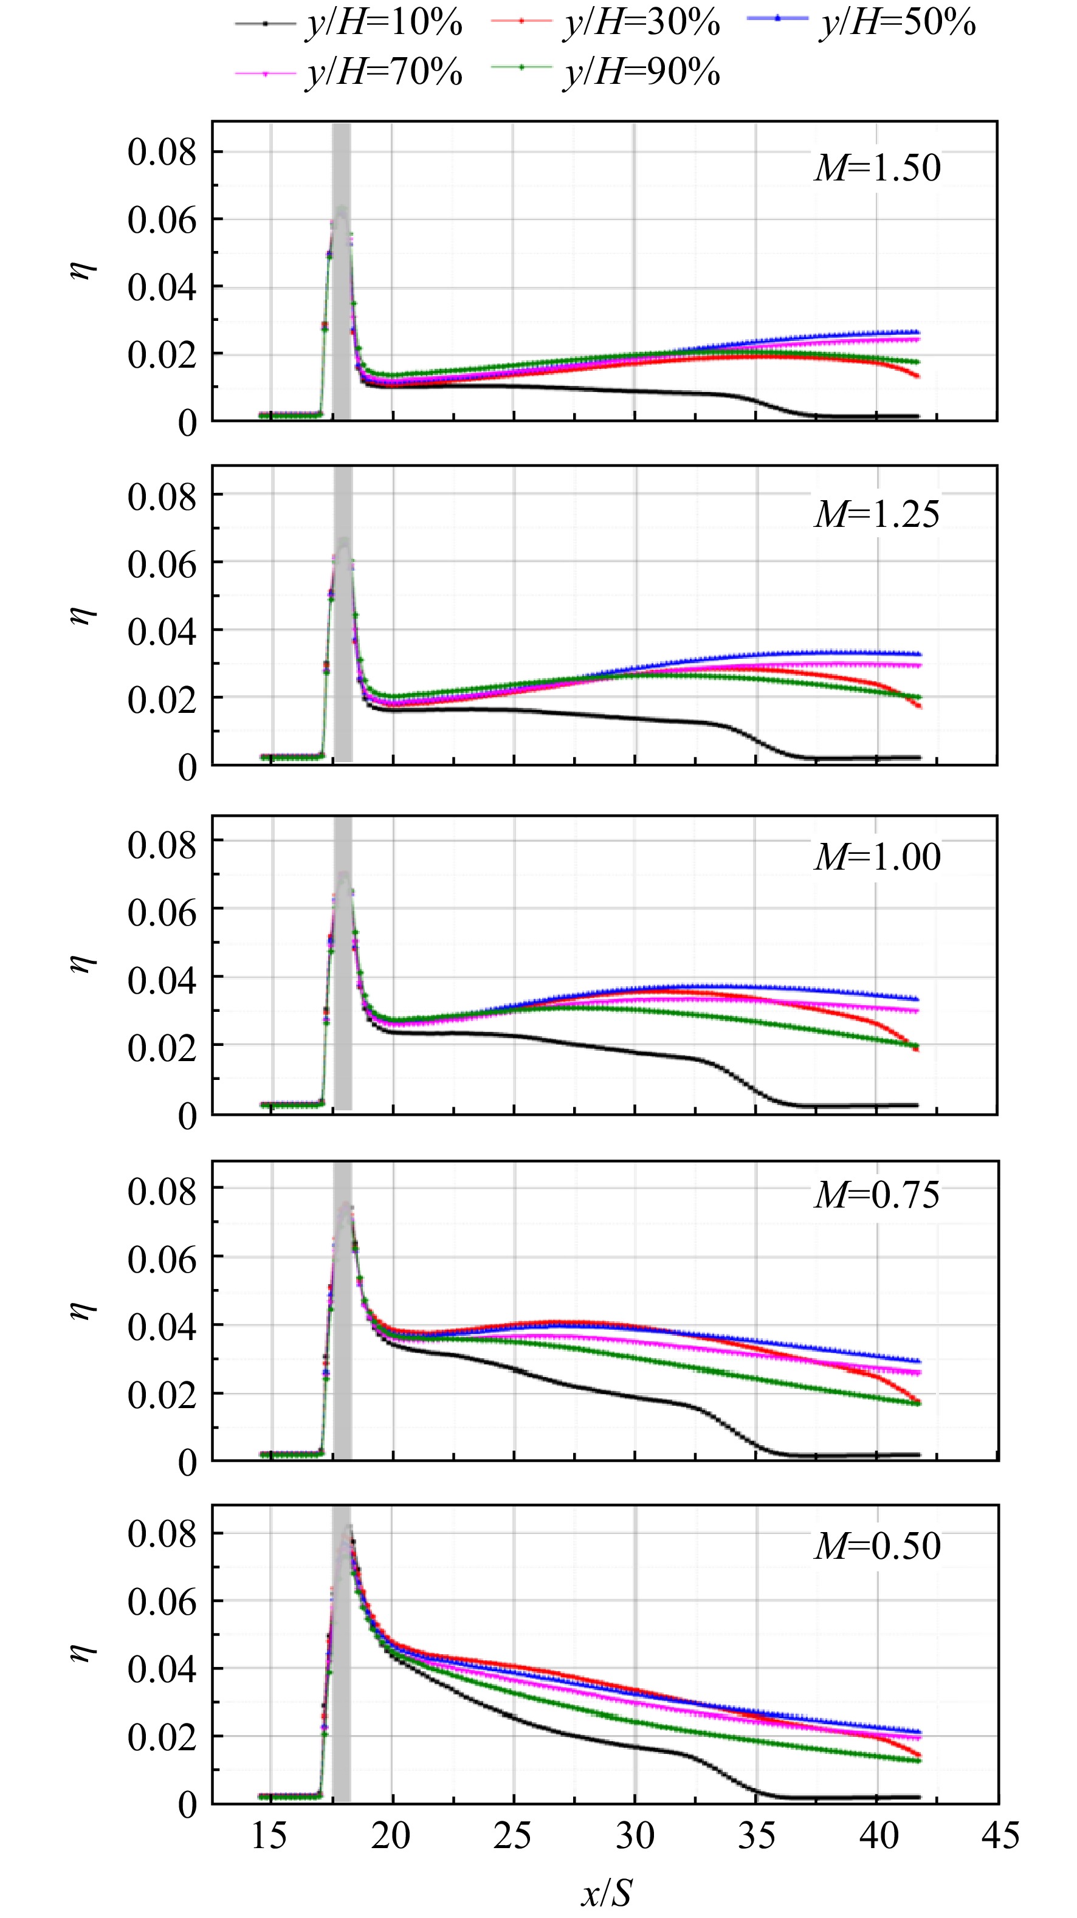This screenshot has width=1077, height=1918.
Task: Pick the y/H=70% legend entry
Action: [349, 72]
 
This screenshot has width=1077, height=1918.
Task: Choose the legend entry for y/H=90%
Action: [605, 72]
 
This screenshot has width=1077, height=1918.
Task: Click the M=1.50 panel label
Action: [878, 168]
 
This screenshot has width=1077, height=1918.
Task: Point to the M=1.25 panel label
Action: [878, 514]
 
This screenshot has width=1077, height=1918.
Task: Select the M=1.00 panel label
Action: [878, 856]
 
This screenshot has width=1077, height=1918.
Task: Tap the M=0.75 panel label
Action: [878, 1195]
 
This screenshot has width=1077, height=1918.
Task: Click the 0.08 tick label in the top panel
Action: [162, 152]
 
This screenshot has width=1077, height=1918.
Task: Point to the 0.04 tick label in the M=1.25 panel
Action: [162, 631]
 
